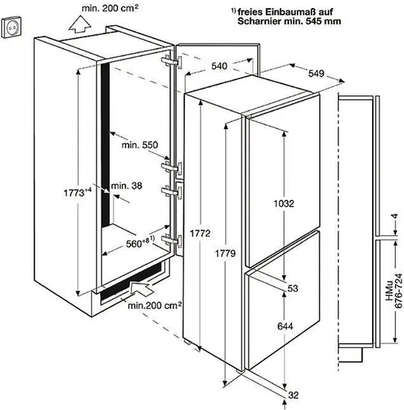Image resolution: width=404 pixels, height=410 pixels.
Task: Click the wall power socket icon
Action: point(11,28)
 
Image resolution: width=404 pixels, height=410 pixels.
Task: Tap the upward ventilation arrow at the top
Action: point(80,25)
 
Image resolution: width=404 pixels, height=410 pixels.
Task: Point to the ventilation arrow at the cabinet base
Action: point(142,288)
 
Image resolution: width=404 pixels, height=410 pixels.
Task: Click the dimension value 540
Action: point(219,66)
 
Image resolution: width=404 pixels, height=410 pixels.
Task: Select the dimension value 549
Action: point(316,74)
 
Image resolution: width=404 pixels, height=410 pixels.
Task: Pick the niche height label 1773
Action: point(78,193)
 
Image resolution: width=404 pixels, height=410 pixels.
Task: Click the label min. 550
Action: point(140,145)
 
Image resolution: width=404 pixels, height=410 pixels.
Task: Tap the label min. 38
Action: point(127,186)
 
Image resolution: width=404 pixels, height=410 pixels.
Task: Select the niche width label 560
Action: point(140,243)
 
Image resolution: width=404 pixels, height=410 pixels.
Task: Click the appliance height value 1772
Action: point(200,233)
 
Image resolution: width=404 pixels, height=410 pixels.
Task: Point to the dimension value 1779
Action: point(225,253)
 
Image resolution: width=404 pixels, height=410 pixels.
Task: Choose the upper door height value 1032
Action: point(284,204)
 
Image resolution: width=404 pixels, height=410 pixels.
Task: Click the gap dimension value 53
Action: point(293,288)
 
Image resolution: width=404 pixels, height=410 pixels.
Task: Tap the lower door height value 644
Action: point(285,327)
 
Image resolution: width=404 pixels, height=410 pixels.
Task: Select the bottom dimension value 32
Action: point(293,395)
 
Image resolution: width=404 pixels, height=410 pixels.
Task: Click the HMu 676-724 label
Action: point(394,291)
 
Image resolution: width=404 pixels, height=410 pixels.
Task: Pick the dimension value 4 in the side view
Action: point(395,216)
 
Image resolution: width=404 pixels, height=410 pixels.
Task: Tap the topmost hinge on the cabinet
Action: point(171,62)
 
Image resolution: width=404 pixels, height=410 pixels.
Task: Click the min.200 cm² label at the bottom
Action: point(155,305)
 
